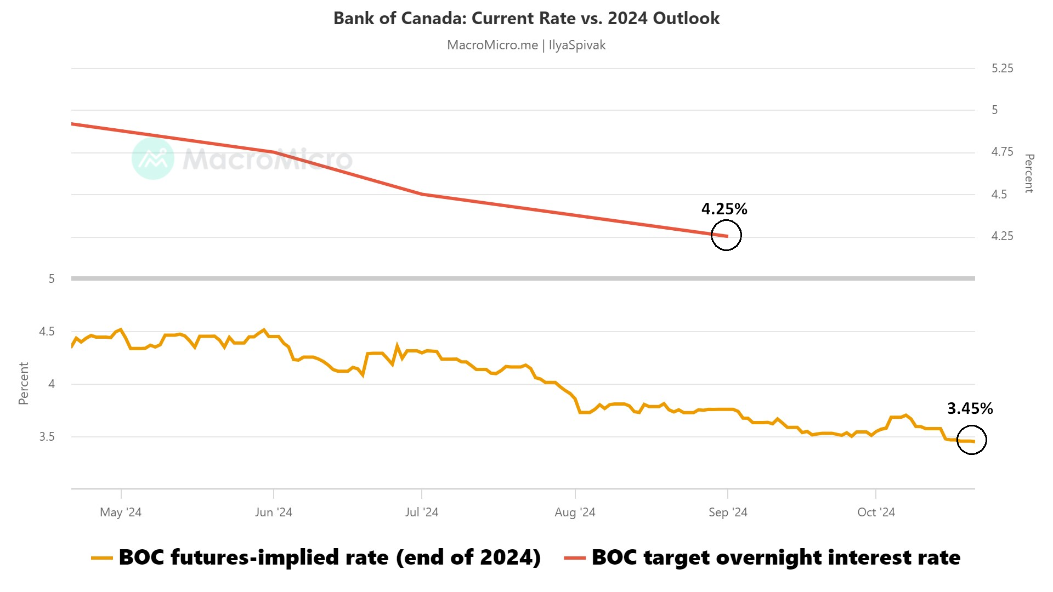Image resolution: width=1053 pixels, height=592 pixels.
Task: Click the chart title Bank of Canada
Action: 526,18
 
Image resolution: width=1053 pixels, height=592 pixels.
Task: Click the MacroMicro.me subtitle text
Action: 526,45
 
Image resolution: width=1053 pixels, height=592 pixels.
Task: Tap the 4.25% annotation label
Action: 724,209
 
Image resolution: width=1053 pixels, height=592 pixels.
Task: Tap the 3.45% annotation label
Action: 970,408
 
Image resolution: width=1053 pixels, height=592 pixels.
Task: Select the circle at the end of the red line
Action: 726,235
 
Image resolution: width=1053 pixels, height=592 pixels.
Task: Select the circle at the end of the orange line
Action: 971,440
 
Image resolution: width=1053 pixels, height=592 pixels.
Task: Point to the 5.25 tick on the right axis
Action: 1002,69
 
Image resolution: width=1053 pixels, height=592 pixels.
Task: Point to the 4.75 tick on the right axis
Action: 1002,152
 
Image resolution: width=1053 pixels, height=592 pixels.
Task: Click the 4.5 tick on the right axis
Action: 999,195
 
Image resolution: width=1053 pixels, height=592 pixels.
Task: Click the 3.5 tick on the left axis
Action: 47,437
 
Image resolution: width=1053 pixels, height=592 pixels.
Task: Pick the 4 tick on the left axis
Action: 52,384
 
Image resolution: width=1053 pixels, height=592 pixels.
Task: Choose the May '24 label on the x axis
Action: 121,513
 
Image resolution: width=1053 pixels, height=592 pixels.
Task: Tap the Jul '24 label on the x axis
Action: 421,513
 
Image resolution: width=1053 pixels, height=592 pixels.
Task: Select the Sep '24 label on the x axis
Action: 728,513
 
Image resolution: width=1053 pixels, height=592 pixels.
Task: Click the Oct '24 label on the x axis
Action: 876,513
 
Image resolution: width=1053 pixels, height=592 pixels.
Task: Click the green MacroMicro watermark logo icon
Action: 153,158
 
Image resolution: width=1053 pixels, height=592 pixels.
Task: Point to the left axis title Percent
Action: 23,383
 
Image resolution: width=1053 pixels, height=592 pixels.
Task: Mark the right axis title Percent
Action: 1029,173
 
